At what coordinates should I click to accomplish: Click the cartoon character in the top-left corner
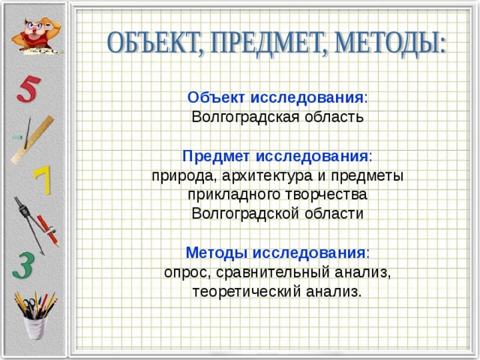click(x=34, y=30)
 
